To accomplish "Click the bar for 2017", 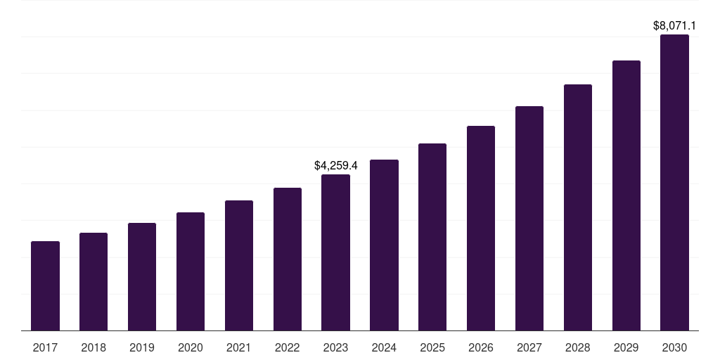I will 45,285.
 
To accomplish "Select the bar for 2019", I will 142,276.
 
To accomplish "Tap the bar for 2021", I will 239,265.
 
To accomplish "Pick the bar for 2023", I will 335,252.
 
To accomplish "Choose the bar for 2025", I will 432,237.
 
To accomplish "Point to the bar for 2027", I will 529,218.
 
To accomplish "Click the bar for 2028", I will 578,207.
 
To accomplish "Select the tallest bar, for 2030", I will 674,182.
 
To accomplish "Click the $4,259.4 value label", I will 335,166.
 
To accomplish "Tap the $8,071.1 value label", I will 674,26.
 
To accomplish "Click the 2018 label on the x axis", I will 94,347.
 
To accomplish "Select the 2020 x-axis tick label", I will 191,347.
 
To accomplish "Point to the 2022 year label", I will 287,347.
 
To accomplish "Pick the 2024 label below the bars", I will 384,347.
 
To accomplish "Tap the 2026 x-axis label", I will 481,347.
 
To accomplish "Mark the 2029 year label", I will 626,347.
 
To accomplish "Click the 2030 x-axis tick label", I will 674,347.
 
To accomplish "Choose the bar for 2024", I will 384,245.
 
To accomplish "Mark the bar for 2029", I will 626,195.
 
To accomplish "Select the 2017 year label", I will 45,347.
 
